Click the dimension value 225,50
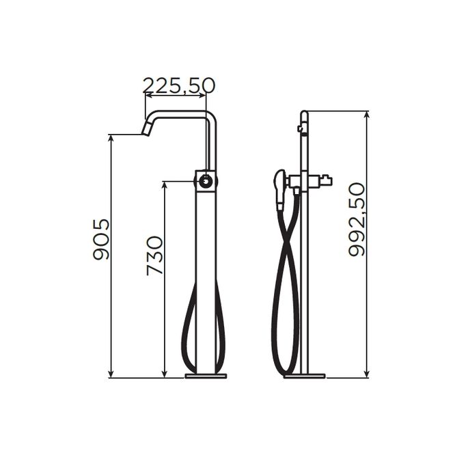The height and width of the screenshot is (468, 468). click(x=179, y=85)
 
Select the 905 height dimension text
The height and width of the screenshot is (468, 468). click(x=101, y=239)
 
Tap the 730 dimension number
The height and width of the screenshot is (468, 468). click(x=155, y=256)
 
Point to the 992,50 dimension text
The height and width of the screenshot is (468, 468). click(x=357, y=219)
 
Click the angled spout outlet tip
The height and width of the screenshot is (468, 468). click(x=146, y=130)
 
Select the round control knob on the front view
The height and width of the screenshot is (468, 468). click(x=205, y=181)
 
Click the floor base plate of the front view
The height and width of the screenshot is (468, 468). click(x=206, y=376)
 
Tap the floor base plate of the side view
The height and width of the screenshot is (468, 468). click(x=304, y=376)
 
